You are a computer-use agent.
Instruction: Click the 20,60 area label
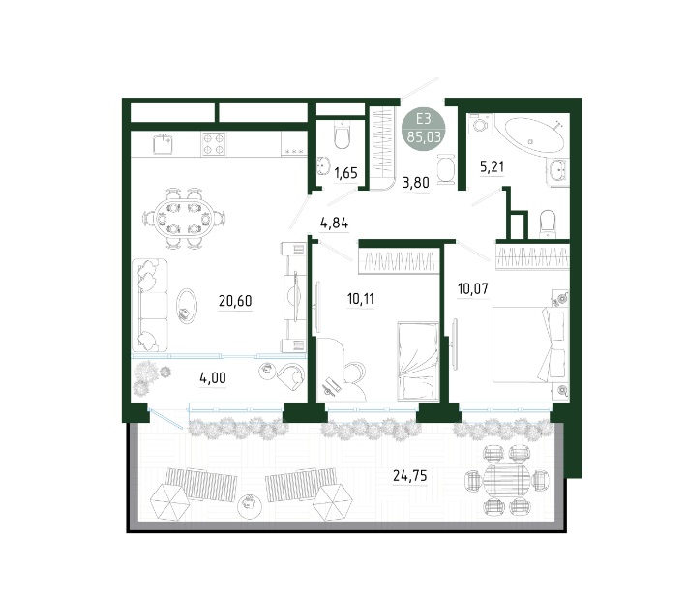[x=235, y=301]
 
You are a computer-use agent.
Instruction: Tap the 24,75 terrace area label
[x=409, y=475]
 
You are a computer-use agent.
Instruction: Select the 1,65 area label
[x=345, y=173]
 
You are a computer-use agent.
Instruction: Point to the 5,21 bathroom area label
[x=493, y=166]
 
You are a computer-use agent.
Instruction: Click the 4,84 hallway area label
[x=334, y=224]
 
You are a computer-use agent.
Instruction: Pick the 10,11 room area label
[x=361, y=299]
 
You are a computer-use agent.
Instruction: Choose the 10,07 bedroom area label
[x=473, y=288]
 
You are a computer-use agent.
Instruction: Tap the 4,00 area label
[x=213, y=378]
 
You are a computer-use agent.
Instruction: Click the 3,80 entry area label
[x=416, y=182]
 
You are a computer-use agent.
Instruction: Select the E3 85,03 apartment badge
[x=424, y=128]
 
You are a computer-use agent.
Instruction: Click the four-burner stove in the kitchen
[x=214, y=144]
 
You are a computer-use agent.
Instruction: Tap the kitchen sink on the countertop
[x=163, y=143]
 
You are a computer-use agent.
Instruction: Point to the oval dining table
[x=185, y=218]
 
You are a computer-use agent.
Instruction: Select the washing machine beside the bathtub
[x=481, y=125]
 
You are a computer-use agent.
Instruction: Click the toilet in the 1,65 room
[x=343, y=134]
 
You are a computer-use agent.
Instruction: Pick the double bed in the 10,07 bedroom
[x=530, y=344]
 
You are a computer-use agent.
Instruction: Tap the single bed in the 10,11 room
[x=418, y=361]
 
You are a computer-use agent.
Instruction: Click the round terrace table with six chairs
[x=507, y=479]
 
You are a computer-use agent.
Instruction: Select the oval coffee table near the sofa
[x=186, y=307]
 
